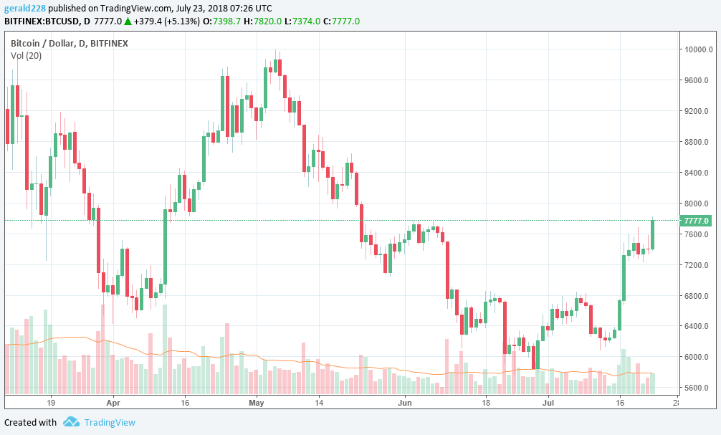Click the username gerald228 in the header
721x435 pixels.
tap(24, 8)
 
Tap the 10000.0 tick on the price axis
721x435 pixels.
tap(697, 49)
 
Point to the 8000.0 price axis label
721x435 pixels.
tap(697, 204)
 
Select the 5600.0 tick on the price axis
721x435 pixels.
tap(697, 388)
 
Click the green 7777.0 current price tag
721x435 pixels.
tap(697, 221)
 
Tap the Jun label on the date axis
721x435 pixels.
tap(406, 403)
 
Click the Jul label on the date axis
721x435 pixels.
tap(548, 403)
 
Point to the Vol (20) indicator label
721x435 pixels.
tap(26, 55)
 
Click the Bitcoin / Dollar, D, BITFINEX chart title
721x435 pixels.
tap(69, 44)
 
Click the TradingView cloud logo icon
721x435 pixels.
tap(70, 422)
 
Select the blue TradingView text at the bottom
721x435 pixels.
tap(109, 422)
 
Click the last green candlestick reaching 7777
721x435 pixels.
tap(653, 234)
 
